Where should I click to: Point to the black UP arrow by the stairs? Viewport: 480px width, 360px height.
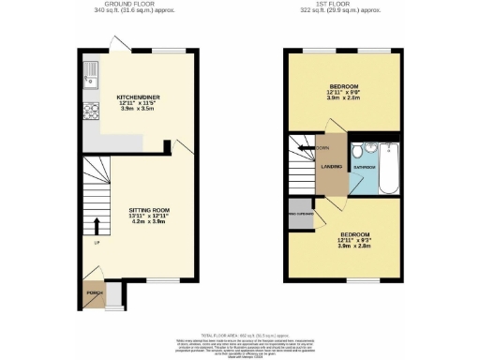coord(97,227)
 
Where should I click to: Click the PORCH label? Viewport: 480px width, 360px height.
coord(94,292)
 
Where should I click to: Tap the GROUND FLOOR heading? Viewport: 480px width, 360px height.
coord(141,4)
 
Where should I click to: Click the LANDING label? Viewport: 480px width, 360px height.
coord(331,168)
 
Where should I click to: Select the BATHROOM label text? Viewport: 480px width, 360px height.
coord(363,166)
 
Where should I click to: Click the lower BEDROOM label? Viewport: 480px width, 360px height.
coord(354,233)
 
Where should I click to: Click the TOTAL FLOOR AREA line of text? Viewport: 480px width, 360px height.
coord(240,333)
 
